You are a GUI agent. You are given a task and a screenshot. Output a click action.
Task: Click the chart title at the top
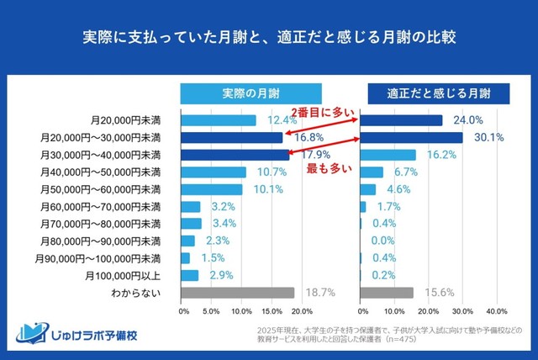click(269, 39)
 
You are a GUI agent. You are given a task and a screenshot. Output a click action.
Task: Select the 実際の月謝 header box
click(251, 92)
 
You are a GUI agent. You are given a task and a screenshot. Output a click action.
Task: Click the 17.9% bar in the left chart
click(234, 155)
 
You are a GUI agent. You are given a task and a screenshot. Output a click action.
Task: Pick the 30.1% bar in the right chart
click(411, 138)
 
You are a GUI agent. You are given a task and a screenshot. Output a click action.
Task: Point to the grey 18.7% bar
click(238, 293)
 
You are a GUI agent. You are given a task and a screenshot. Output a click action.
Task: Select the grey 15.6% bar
click(387, 293)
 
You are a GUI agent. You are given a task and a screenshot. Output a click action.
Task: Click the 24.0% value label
click(467, 120)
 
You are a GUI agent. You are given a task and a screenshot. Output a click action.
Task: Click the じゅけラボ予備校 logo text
click(87, 335)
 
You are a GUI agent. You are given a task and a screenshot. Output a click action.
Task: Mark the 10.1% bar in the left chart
click(212, 189)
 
